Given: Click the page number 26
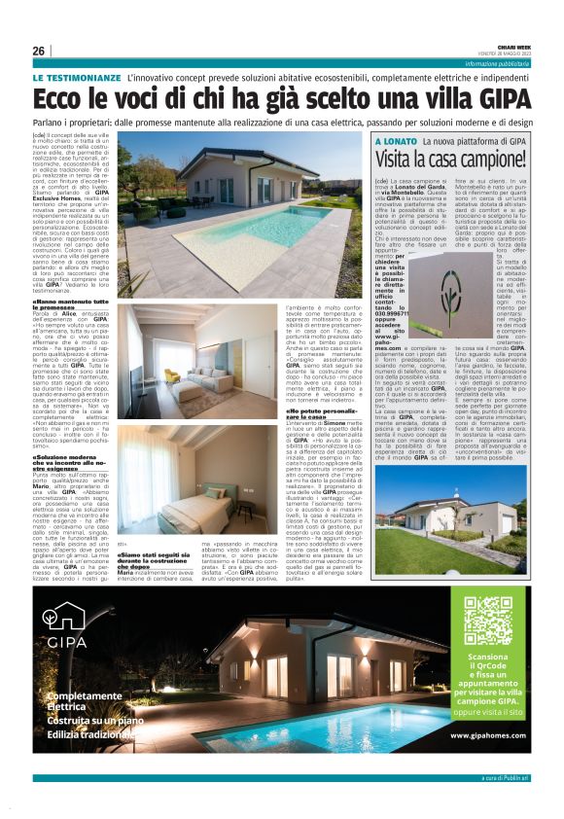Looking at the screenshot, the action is (x=39, y=51).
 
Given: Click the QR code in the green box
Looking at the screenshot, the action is (x=487, y=620).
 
